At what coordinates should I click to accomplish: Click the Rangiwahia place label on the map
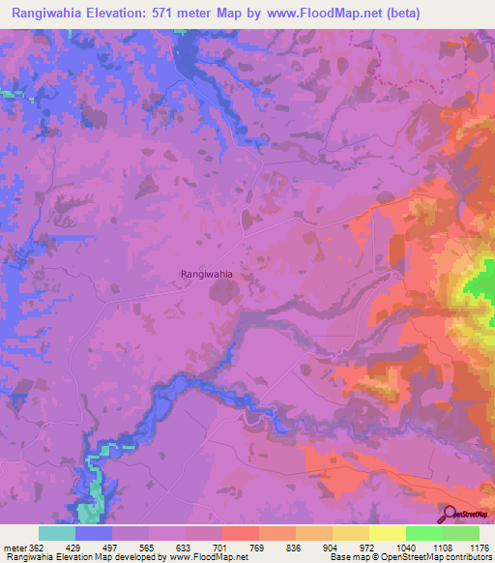(x=207, y=275)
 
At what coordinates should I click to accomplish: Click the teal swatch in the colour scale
(x=57, y=533)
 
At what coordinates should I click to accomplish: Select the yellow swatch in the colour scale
(x=388, y=533)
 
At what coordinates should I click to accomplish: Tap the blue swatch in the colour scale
(x=94, y=533)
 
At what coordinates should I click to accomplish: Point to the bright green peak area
(x=480, y=284)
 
